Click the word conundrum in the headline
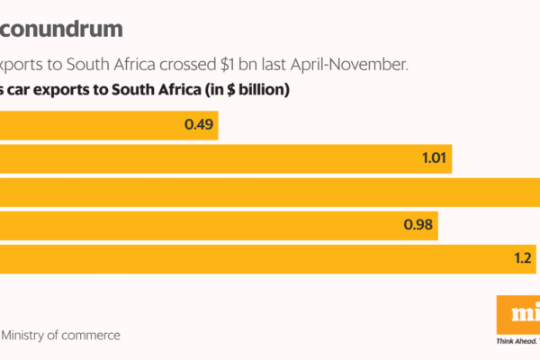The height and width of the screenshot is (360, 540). [61, 29]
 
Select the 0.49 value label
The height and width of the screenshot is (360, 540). [198, 125]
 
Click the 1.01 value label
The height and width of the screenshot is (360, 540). [433, 159]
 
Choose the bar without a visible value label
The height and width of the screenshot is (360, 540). [270, 193]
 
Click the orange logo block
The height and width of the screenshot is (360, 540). [518, 314]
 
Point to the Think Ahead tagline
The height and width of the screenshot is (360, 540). [517, 342]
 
